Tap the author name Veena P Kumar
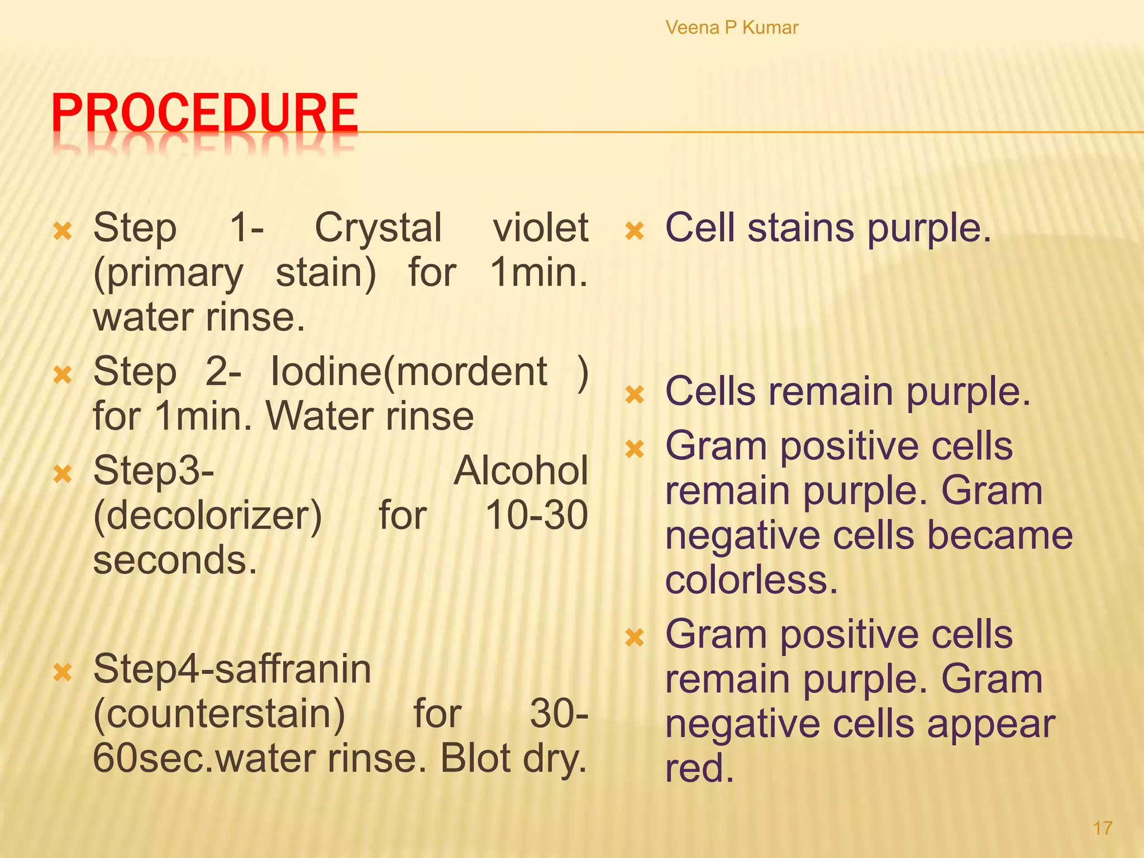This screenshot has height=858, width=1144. tap(732, 27)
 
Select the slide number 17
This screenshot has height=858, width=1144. tap(1102, 828)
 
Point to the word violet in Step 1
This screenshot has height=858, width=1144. tap(540, 228)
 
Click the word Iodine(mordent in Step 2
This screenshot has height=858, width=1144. tap(408, 372)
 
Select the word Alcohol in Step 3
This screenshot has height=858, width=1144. tap(521, 471)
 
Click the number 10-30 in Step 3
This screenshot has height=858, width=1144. tap(536, 515)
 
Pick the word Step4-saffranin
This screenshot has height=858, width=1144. tap(232, 669)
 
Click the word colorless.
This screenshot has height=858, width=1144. tap(751, 580)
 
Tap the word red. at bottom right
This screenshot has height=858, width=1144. tap(699, 769)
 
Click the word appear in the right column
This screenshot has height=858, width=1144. tap(991, 724)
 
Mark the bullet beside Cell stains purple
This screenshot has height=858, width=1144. tap(635, 231)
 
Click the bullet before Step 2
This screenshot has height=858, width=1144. tap(63, 375)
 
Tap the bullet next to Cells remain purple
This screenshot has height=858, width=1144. tap(635, 395)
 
